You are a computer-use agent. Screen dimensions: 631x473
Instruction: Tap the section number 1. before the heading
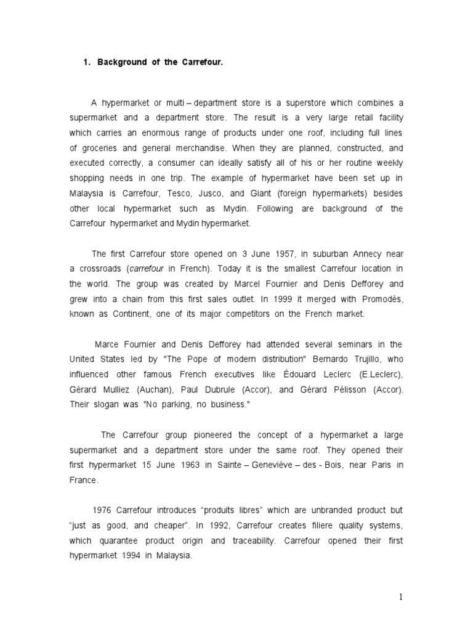pyautogui.click(x=87, y=63)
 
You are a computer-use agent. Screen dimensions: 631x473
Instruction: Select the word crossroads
pyautogui.click(x=101, y=269)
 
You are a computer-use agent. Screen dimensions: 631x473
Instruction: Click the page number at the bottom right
pyautogui.click(x=400, y=597)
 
